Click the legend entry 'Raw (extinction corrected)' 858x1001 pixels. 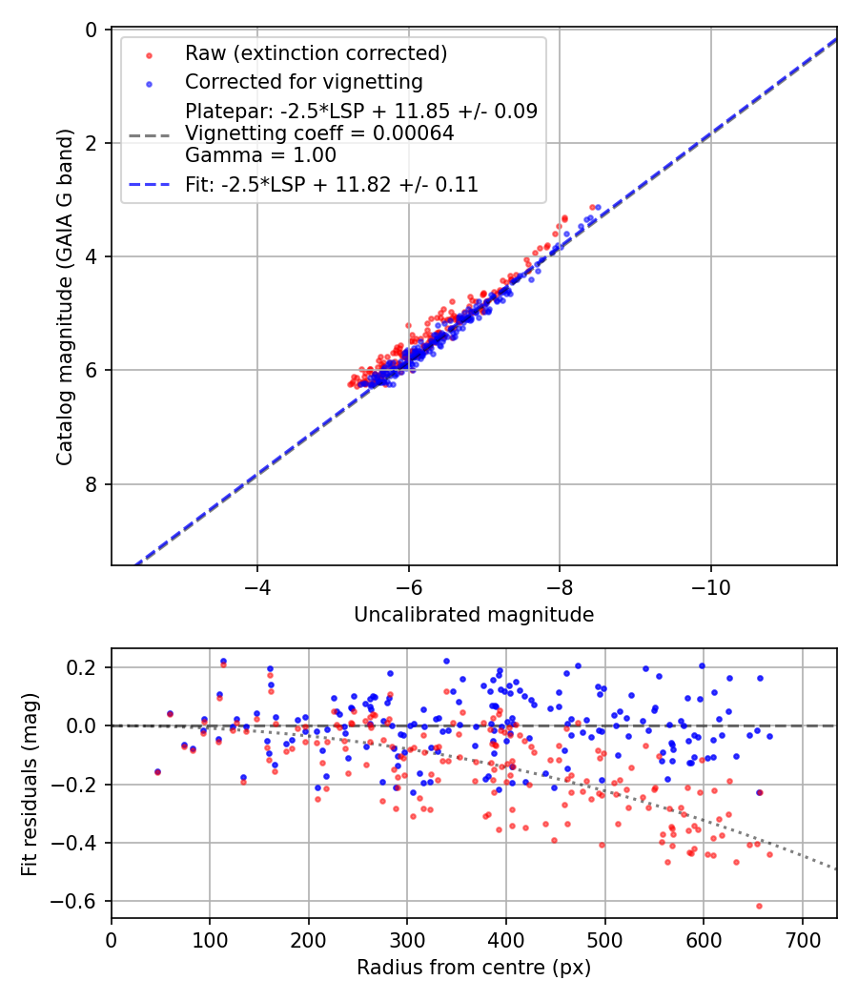tap(316, 51)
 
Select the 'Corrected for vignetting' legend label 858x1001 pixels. tap(304, 81)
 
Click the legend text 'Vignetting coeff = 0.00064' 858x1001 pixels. tap(319, 133)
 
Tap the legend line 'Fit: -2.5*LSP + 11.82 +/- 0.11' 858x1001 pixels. tap(332, 184)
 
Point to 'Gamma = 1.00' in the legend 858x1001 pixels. tap(260, 154)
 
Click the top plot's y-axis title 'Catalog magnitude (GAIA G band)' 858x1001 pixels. tap(64, 297)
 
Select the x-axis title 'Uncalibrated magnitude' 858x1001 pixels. tap(474, 615)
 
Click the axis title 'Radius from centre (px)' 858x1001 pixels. tap(474, 968)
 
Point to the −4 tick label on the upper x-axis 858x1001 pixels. tap(256, 585)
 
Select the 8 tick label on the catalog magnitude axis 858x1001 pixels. tap(92, 484)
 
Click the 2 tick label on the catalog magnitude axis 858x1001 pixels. tap(92, 143)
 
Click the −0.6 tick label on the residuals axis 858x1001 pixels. tap(79, 901)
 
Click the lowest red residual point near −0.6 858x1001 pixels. tap(759, 906)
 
